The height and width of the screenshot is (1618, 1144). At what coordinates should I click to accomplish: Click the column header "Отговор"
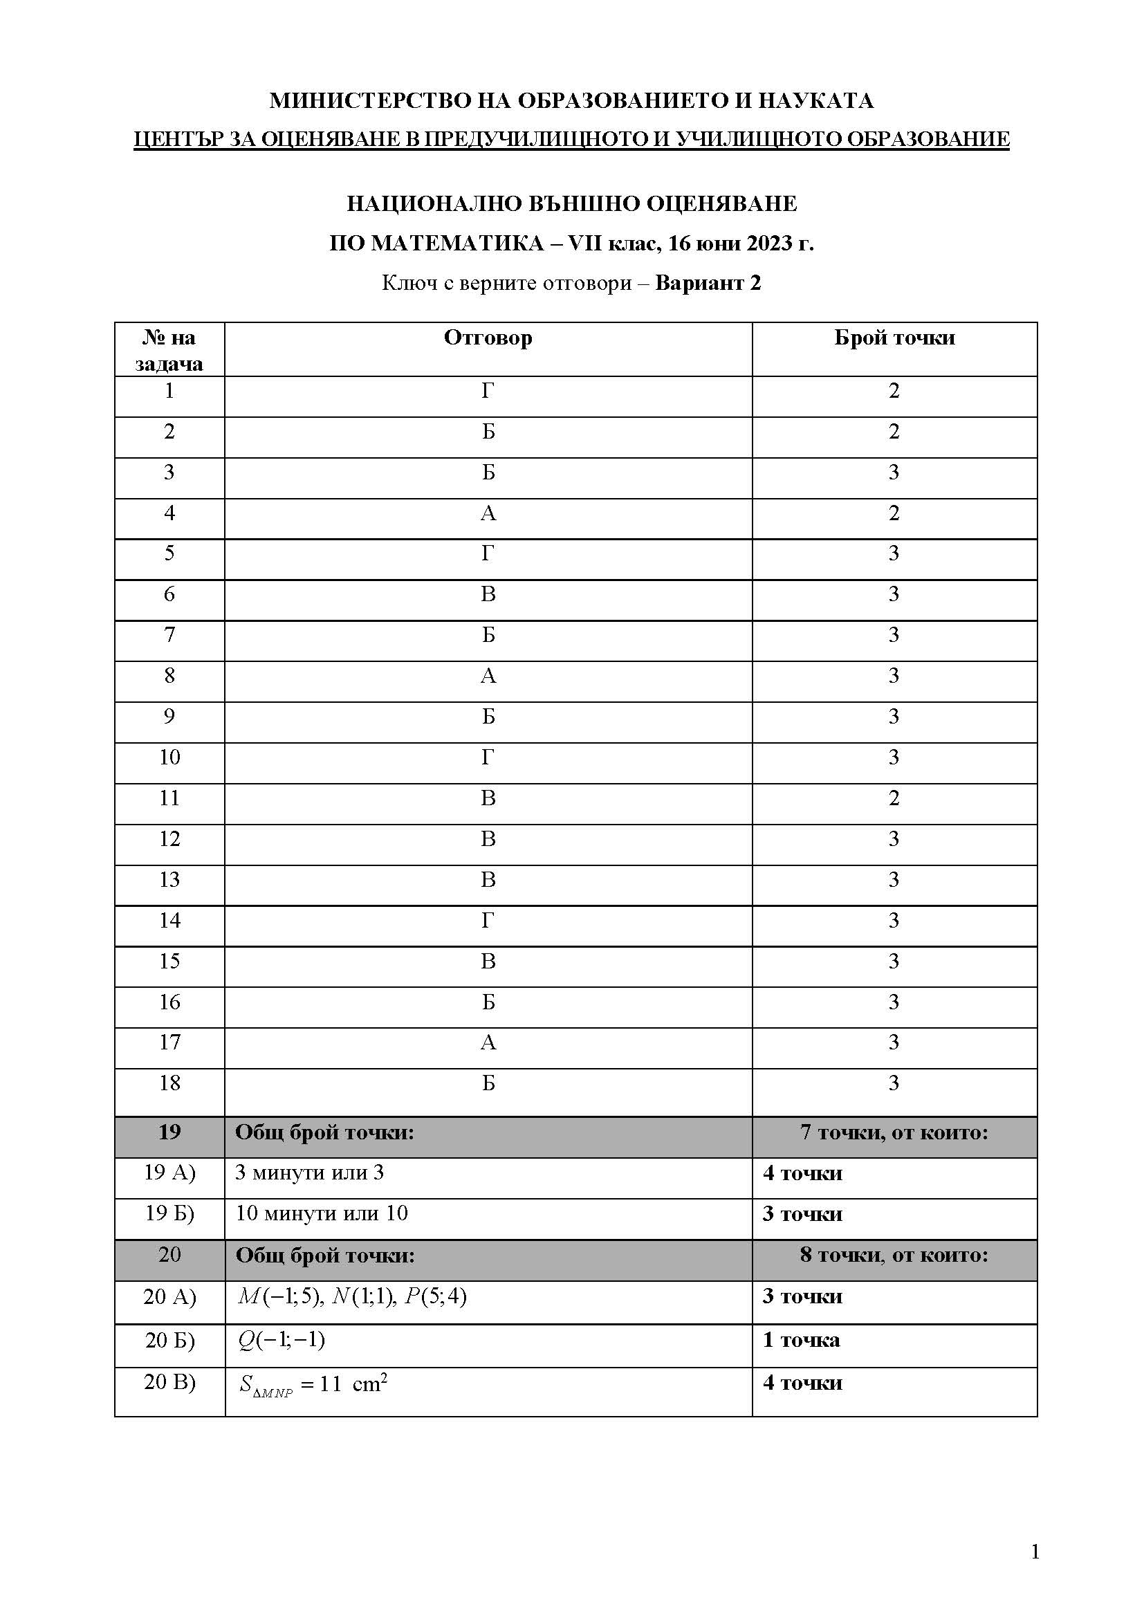coord(488,338)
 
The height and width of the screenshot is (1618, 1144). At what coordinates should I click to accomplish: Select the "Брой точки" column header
coord(894,338)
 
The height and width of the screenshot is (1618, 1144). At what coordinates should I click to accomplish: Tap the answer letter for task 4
coord(488,513)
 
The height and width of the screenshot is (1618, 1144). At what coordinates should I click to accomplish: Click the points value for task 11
coord(894,798)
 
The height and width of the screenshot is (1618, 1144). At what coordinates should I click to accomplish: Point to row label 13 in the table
coord(169,879)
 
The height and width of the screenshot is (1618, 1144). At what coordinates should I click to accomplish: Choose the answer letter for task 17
coord(488,1042)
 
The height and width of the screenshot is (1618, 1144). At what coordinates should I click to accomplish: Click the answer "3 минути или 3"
coord(309,1173)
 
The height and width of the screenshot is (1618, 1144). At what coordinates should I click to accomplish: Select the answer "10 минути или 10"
coord(321,1213)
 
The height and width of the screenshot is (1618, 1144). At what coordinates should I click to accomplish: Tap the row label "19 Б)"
coord(169,1213)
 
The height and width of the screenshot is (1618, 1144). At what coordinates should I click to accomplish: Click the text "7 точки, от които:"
coord(894,1132)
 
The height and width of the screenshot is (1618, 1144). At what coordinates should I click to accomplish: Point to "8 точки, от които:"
coord(894,1255)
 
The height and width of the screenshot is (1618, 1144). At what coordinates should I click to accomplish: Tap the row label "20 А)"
coord(169,1296)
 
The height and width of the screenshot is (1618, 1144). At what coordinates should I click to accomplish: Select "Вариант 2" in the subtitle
coord(708,284)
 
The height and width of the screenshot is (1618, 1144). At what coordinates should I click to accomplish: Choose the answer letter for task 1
coord(488,390)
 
